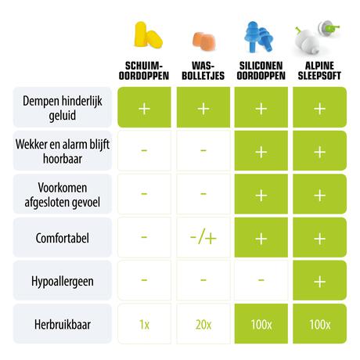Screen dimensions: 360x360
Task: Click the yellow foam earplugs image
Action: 145,35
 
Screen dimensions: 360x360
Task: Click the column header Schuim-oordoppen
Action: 144,70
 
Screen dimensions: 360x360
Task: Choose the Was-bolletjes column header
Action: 203,70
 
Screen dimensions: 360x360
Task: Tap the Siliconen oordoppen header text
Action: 261,70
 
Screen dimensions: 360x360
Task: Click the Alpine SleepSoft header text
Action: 319,70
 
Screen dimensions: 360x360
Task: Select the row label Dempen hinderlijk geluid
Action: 64,107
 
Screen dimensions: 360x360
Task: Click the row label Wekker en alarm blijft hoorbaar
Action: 64,151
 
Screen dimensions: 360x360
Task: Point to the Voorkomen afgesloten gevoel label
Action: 64,194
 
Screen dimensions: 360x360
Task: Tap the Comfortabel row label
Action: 64,237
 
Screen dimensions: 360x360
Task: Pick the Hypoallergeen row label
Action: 64,280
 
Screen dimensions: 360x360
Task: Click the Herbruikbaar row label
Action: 64,322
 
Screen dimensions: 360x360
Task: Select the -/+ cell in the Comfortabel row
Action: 203,237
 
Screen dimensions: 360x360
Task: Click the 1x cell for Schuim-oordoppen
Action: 144,323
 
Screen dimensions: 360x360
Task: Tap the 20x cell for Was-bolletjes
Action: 203,323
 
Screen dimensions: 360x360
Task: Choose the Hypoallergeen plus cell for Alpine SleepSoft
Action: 319,280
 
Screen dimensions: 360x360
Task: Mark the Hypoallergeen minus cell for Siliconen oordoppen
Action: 261,280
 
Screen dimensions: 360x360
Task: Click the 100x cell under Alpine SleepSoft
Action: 319,323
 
